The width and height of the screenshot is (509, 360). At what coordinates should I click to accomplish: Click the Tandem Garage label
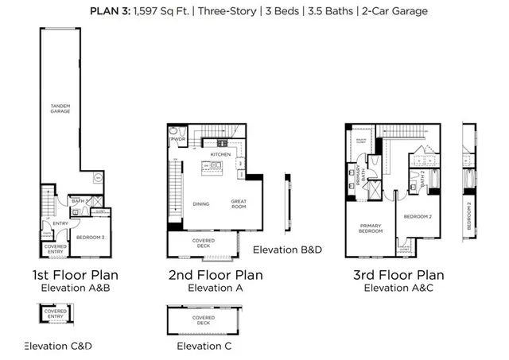pos(60,108)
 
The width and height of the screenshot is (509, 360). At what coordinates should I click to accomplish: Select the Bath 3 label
pos(77,202)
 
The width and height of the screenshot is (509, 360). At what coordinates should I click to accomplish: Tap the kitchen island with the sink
pos(213,168)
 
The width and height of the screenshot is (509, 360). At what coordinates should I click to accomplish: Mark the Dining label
pos(200,204)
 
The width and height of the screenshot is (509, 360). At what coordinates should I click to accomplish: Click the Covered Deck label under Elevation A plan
pos(203,242)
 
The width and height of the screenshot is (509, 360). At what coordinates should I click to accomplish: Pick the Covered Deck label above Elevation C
pos(204,320)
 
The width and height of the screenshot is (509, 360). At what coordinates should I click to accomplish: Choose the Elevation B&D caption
pos(286,250)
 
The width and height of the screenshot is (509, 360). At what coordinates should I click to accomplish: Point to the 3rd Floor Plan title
pos(400,275)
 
